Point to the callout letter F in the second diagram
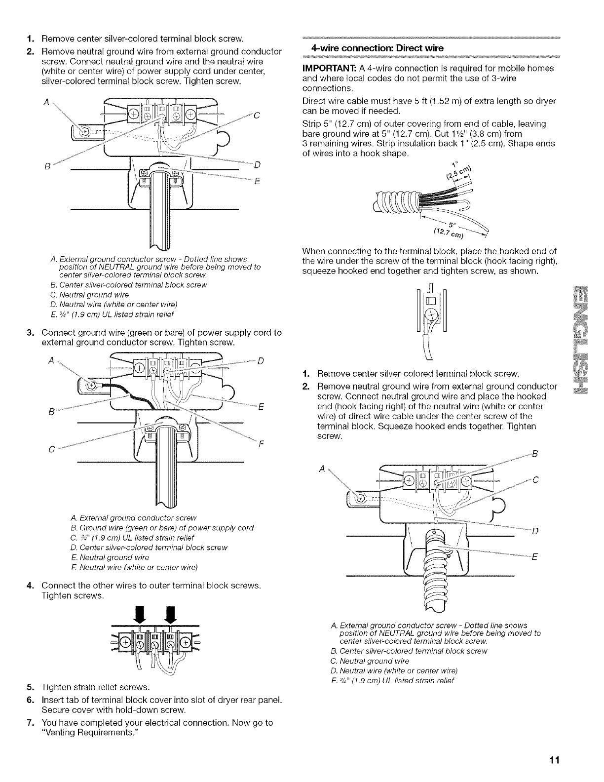(260, 443)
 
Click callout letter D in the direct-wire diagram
(535, 531)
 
